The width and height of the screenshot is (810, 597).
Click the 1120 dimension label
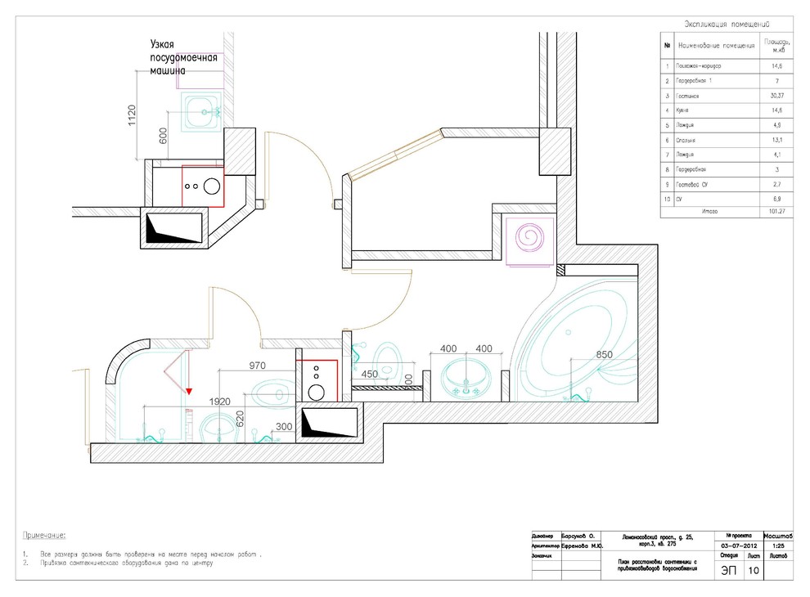pos(132,116)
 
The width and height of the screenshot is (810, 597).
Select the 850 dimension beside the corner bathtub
pos(605,355)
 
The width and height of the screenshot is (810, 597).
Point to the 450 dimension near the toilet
pos(370,375)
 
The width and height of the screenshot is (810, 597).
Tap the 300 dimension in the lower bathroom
pos(284,426)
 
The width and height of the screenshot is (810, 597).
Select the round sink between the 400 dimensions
pos(466,377)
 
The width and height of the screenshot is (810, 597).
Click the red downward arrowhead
pos(189,392)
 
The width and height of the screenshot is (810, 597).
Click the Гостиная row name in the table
pos(688,96)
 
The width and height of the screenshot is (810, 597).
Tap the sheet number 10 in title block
pos(753,571)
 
